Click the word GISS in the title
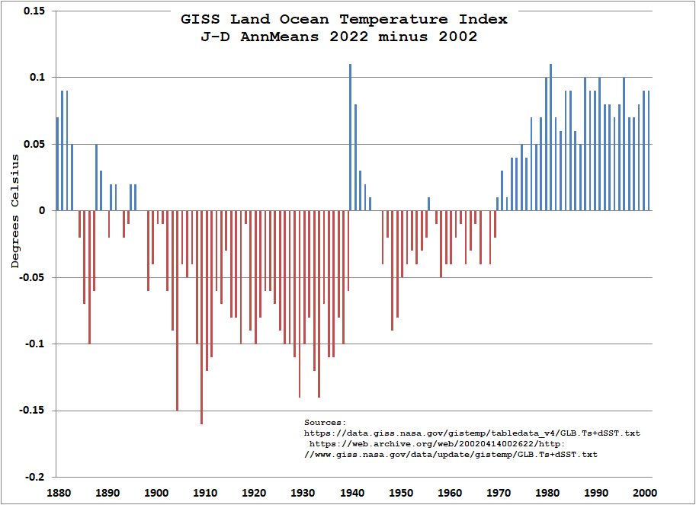click(200, 20)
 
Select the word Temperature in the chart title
click(393, 20)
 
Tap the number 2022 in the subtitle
click(348, 37)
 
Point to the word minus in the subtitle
click(403, 37)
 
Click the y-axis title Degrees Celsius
click(15, 211)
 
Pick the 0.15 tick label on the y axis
click(34, 11)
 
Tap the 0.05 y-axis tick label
click(34, 144)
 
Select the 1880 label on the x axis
click(59, 493)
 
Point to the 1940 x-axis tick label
click(352, 493)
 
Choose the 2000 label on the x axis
click(645, 493)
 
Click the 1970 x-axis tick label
click(499, 493)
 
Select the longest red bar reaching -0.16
click(201, 318)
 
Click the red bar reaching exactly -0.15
click(177, 311)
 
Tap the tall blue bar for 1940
click(350, 137)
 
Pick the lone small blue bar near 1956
click(428, 204)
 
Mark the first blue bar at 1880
click(57, 164)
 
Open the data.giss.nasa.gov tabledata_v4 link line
click(473, 433)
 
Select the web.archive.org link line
click(438, 444)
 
